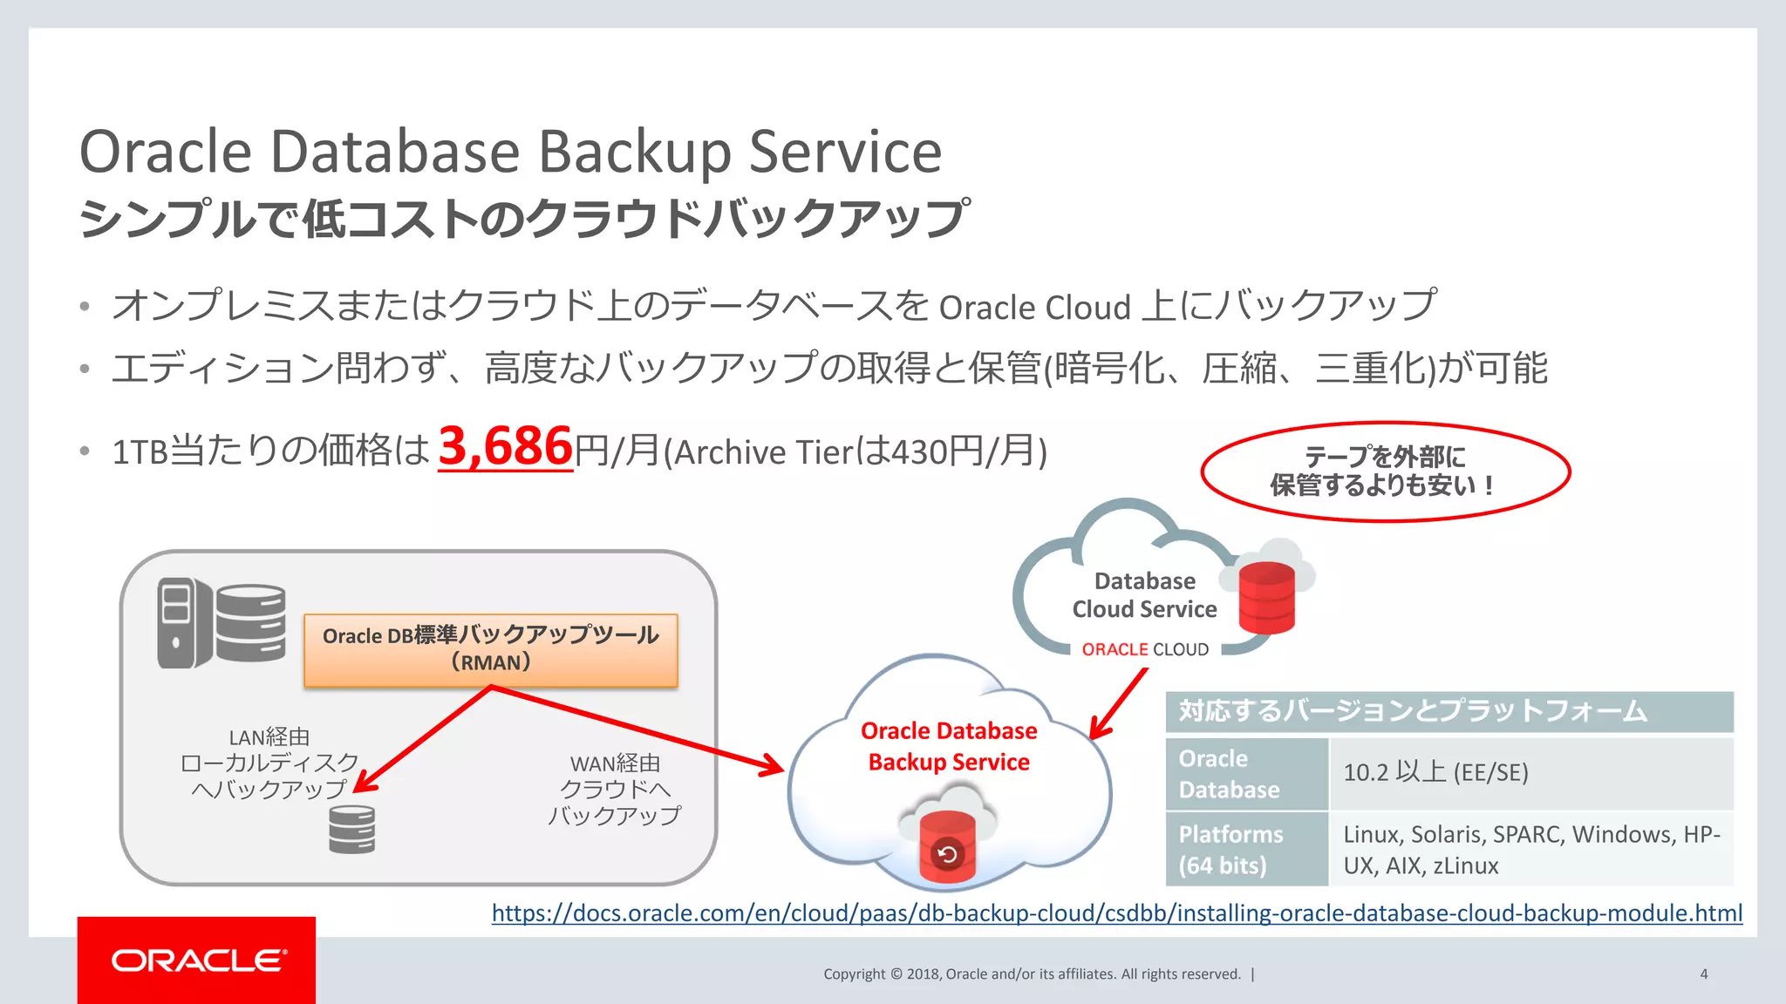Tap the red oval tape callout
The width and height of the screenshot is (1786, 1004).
click(1385, 471)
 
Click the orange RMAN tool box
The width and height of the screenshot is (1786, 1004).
click(490, 650)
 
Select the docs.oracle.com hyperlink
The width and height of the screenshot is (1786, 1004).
click(1116, 912)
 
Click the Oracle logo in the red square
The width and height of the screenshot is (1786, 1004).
click(198, 960)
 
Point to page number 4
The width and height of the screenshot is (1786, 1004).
click(1703, 974)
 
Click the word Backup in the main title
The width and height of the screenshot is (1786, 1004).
click(636, 152)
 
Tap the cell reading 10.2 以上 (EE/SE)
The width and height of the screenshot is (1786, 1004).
click(1530, 773)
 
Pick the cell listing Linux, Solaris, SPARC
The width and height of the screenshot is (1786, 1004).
click(1530, 850)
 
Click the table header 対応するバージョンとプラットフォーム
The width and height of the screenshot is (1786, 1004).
click(1448, 711)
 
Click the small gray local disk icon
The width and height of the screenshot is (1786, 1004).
click(351, 829)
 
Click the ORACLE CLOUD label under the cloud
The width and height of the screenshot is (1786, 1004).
click(1144, 649)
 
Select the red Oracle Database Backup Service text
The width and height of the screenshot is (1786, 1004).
click(949, 746)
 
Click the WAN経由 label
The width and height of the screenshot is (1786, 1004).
click(615, 763)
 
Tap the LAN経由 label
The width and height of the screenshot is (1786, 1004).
click(269, 737)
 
